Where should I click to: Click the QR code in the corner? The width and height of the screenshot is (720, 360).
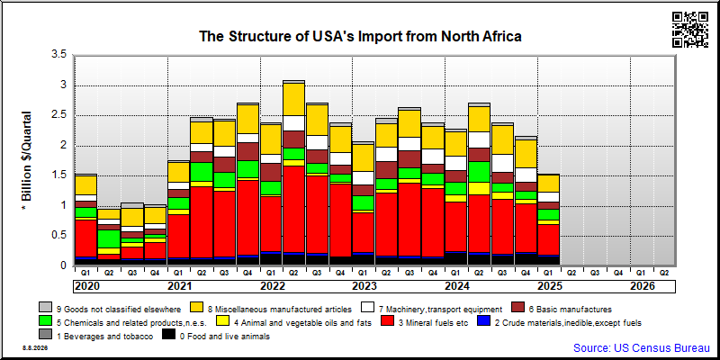click(690, 30)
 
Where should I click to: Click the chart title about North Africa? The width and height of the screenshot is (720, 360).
click(360, 36)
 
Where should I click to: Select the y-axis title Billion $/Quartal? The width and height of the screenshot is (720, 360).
click(26, 161)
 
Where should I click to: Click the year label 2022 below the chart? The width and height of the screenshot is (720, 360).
click(273, 286)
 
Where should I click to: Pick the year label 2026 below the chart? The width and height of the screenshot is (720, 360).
click(643, 286)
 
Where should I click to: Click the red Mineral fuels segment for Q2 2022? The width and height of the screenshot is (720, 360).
click(293, 209)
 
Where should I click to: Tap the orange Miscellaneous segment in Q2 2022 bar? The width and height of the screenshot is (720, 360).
click(293, 99)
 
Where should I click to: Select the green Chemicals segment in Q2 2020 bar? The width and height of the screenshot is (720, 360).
click(108, 238)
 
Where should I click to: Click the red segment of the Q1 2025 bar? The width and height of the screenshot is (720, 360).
click(548, 239)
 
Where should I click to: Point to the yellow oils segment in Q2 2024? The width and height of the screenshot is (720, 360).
click(479, 188)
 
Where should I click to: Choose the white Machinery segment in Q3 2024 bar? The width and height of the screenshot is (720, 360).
click(501, 164)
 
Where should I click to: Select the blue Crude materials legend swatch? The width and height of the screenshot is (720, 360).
click(483, 322)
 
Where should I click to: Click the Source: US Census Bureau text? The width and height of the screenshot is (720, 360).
click(642, 347)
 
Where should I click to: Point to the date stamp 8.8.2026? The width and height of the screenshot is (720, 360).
click(35, 347)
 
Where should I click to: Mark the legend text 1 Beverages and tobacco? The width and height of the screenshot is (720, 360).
click(104, 336)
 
